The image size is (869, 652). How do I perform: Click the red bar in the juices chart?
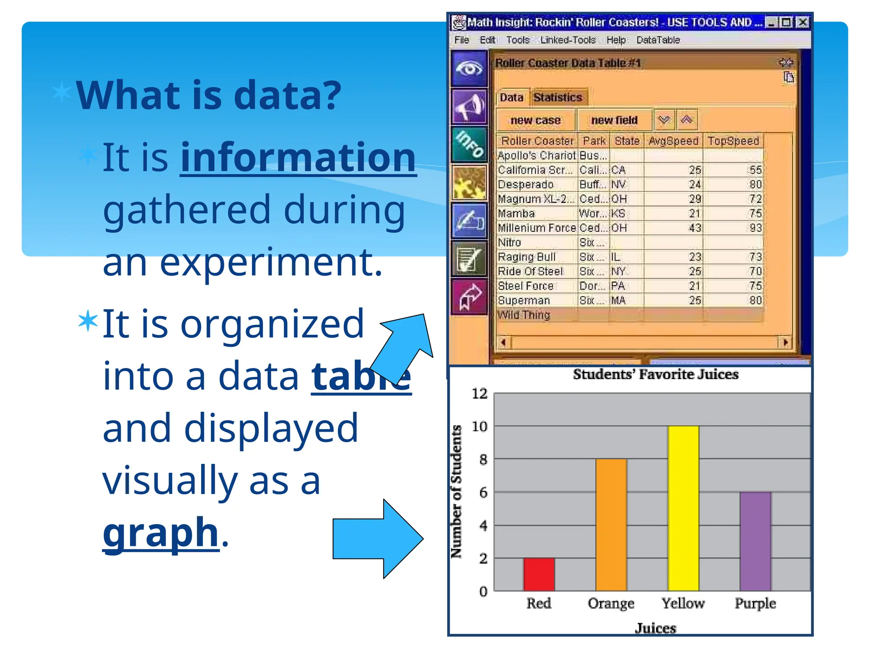coord(539,574)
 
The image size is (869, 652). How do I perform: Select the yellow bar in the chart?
coord(683,508)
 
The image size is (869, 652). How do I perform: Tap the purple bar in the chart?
coord(755,541)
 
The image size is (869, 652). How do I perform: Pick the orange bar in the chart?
coord(611,525)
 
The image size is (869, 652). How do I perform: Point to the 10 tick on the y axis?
coord(480,426)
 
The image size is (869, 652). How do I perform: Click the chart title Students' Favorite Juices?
coord(656,374)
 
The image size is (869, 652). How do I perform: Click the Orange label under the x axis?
coord(611,603)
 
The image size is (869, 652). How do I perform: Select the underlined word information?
coord(298,157)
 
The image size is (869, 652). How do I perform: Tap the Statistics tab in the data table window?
coord(558,98)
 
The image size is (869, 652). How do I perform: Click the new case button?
coord(535,120)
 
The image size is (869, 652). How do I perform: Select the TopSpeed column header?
coord(733,141)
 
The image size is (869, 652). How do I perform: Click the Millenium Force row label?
coord(537,228)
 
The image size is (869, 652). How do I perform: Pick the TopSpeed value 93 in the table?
coord(755,228)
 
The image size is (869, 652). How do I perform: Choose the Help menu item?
coord(616,40)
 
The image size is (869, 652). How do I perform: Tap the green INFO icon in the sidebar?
coord(469,144)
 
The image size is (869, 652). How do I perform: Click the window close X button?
coord(802,22)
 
